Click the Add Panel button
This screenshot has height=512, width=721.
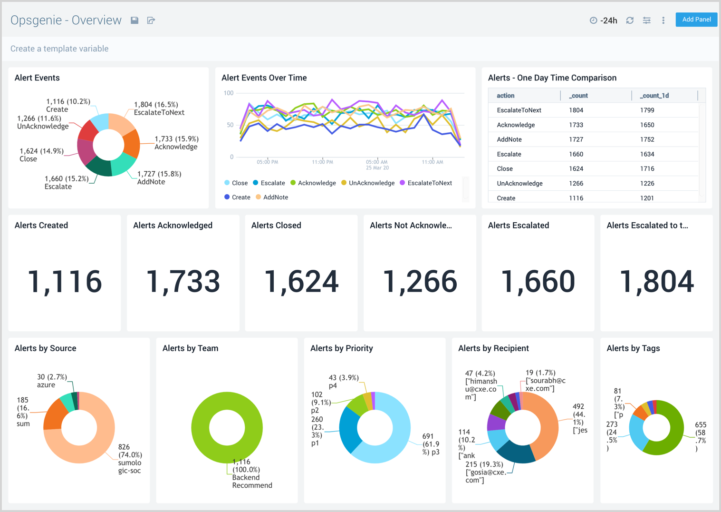696,20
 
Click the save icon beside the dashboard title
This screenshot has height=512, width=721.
135,20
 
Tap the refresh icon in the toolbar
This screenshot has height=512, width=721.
630,20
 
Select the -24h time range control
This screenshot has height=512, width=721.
604,20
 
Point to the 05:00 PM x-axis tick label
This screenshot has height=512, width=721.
268,162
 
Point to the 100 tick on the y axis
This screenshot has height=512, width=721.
229,93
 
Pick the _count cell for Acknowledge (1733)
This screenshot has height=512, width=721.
576,125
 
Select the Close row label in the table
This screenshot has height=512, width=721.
505,169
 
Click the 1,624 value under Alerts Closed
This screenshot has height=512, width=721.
301,281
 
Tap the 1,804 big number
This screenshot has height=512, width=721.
656,281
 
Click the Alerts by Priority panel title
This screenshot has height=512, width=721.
341,348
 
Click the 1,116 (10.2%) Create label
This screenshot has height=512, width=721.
67,105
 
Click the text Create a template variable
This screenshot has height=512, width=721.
59,49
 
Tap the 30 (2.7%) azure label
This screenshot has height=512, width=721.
52,381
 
